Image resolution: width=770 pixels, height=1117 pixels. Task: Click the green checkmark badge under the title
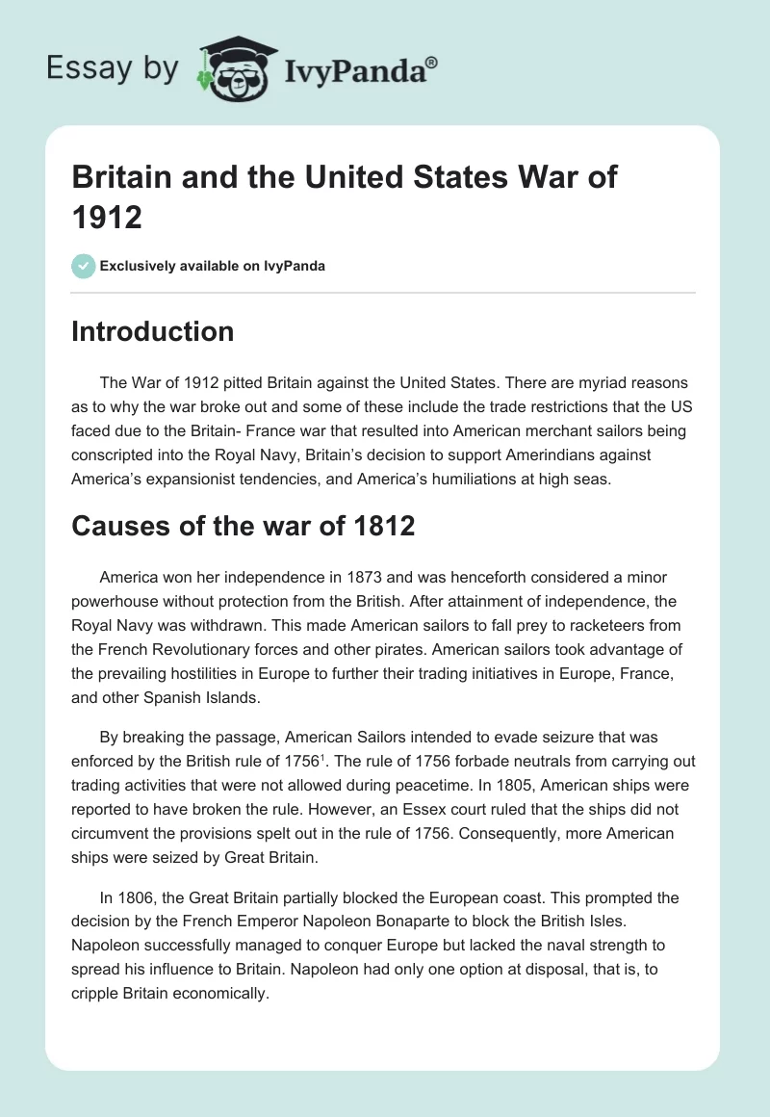84,266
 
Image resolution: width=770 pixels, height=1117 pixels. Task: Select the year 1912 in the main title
107,217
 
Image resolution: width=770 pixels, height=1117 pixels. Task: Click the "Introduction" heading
153,331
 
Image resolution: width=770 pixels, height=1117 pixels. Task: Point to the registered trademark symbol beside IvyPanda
431,61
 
